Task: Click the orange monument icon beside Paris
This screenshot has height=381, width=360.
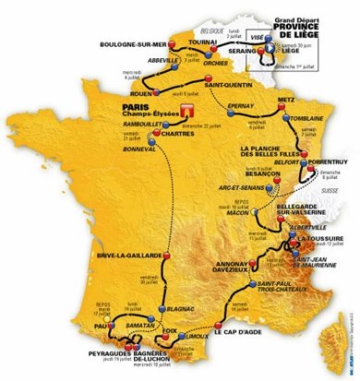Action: pos(192,112)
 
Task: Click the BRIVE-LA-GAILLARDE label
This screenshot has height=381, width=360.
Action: pos(133,255)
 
